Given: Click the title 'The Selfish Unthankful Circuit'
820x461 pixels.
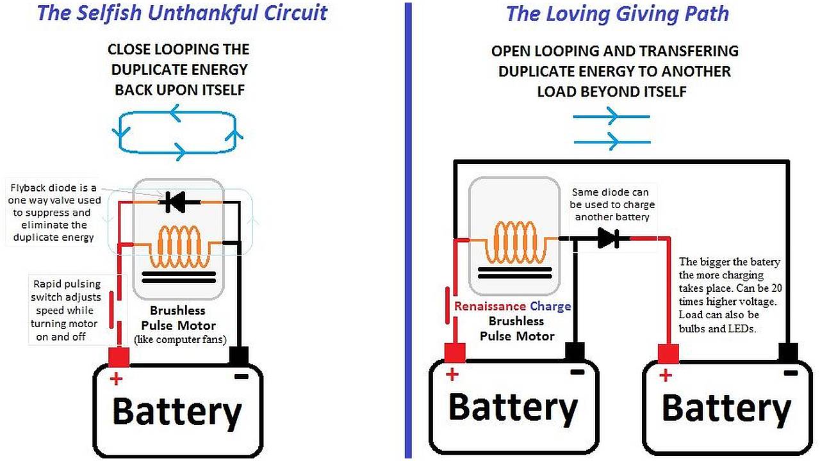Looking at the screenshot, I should click(x=182, y=13).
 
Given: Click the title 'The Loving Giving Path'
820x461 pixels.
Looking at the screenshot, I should click(x=618, y=14).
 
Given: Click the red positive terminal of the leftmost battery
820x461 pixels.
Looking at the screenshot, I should click(x=119, y=356).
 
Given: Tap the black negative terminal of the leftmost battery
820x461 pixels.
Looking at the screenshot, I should click(x=238, y=355).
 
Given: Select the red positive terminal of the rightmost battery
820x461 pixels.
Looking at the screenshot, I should click(x=668, y=353).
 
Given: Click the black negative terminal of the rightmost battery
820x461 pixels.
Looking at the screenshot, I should click(x=788, y=352).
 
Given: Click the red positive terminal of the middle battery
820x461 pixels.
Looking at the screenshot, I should click(x=454, y=352).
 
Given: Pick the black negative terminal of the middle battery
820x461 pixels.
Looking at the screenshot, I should click(x=575, y=352).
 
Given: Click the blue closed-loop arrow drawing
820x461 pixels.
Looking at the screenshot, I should click(x=178, y=133).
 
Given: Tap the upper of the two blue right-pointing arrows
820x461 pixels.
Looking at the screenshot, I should click(x=612, y=117).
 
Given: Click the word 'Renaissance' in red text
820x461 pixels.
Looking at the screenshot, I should click(x=489, y=306).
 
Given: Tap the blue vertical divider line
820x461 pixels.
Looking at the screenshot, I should click(x=408, y=230).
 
